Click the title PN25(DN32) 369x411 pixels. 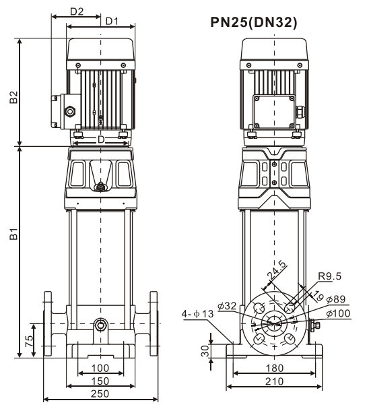[254, 22]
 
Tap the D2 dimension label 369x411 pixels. [77, 11]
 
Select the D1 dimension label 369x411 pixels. [112, 22]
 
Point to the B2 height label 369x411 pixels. [13, 97]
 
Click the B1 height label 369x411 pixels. [13, 234]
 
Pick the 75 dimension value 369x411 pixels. [30, 340]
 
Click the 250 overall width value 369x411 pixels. [100, 393]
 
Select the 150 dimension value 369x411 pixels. [100, 381]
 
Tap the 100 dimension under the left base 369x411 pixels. [100, 369]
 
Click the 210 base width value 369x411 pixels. [274, 381]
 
